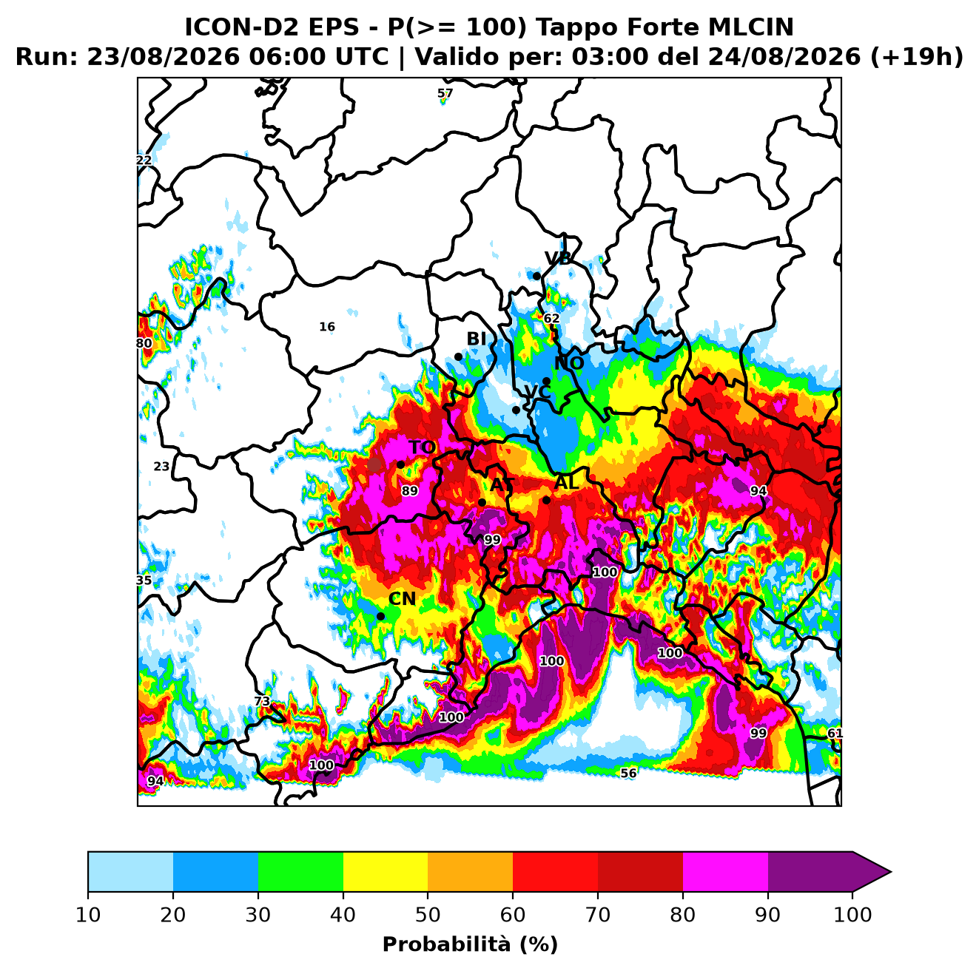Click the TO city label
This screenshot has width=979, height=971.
click(x=423, y=447)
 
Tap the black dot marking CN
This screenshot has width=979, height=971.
click(x=380, y=617)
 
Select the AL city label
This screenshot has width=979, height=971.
click(x=567, y=482)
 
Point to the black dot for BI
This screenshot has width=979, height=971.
click(x=458, y=357)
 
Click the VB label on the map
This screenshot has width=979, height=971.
click(x=558, y=258)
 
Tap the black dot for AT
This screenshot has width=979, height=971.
click(x=482, y=502)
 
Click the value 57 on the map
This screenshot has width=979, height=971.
click(x=445, y=93)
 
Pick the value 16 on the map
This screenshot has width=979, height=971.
click(x=327, y=327)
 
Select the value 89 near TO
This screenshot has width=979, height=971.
click(x=409, y=491)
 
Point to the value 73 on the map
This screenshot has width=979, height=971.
click(x=262, y=701)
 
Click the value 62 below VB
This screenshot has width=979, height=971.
click(x=552, y=319)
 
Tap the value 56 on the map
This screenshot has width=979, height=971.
click(x=628, y=774)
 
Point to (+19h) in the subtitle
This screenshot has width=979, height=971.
click(x=917, y=57)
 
